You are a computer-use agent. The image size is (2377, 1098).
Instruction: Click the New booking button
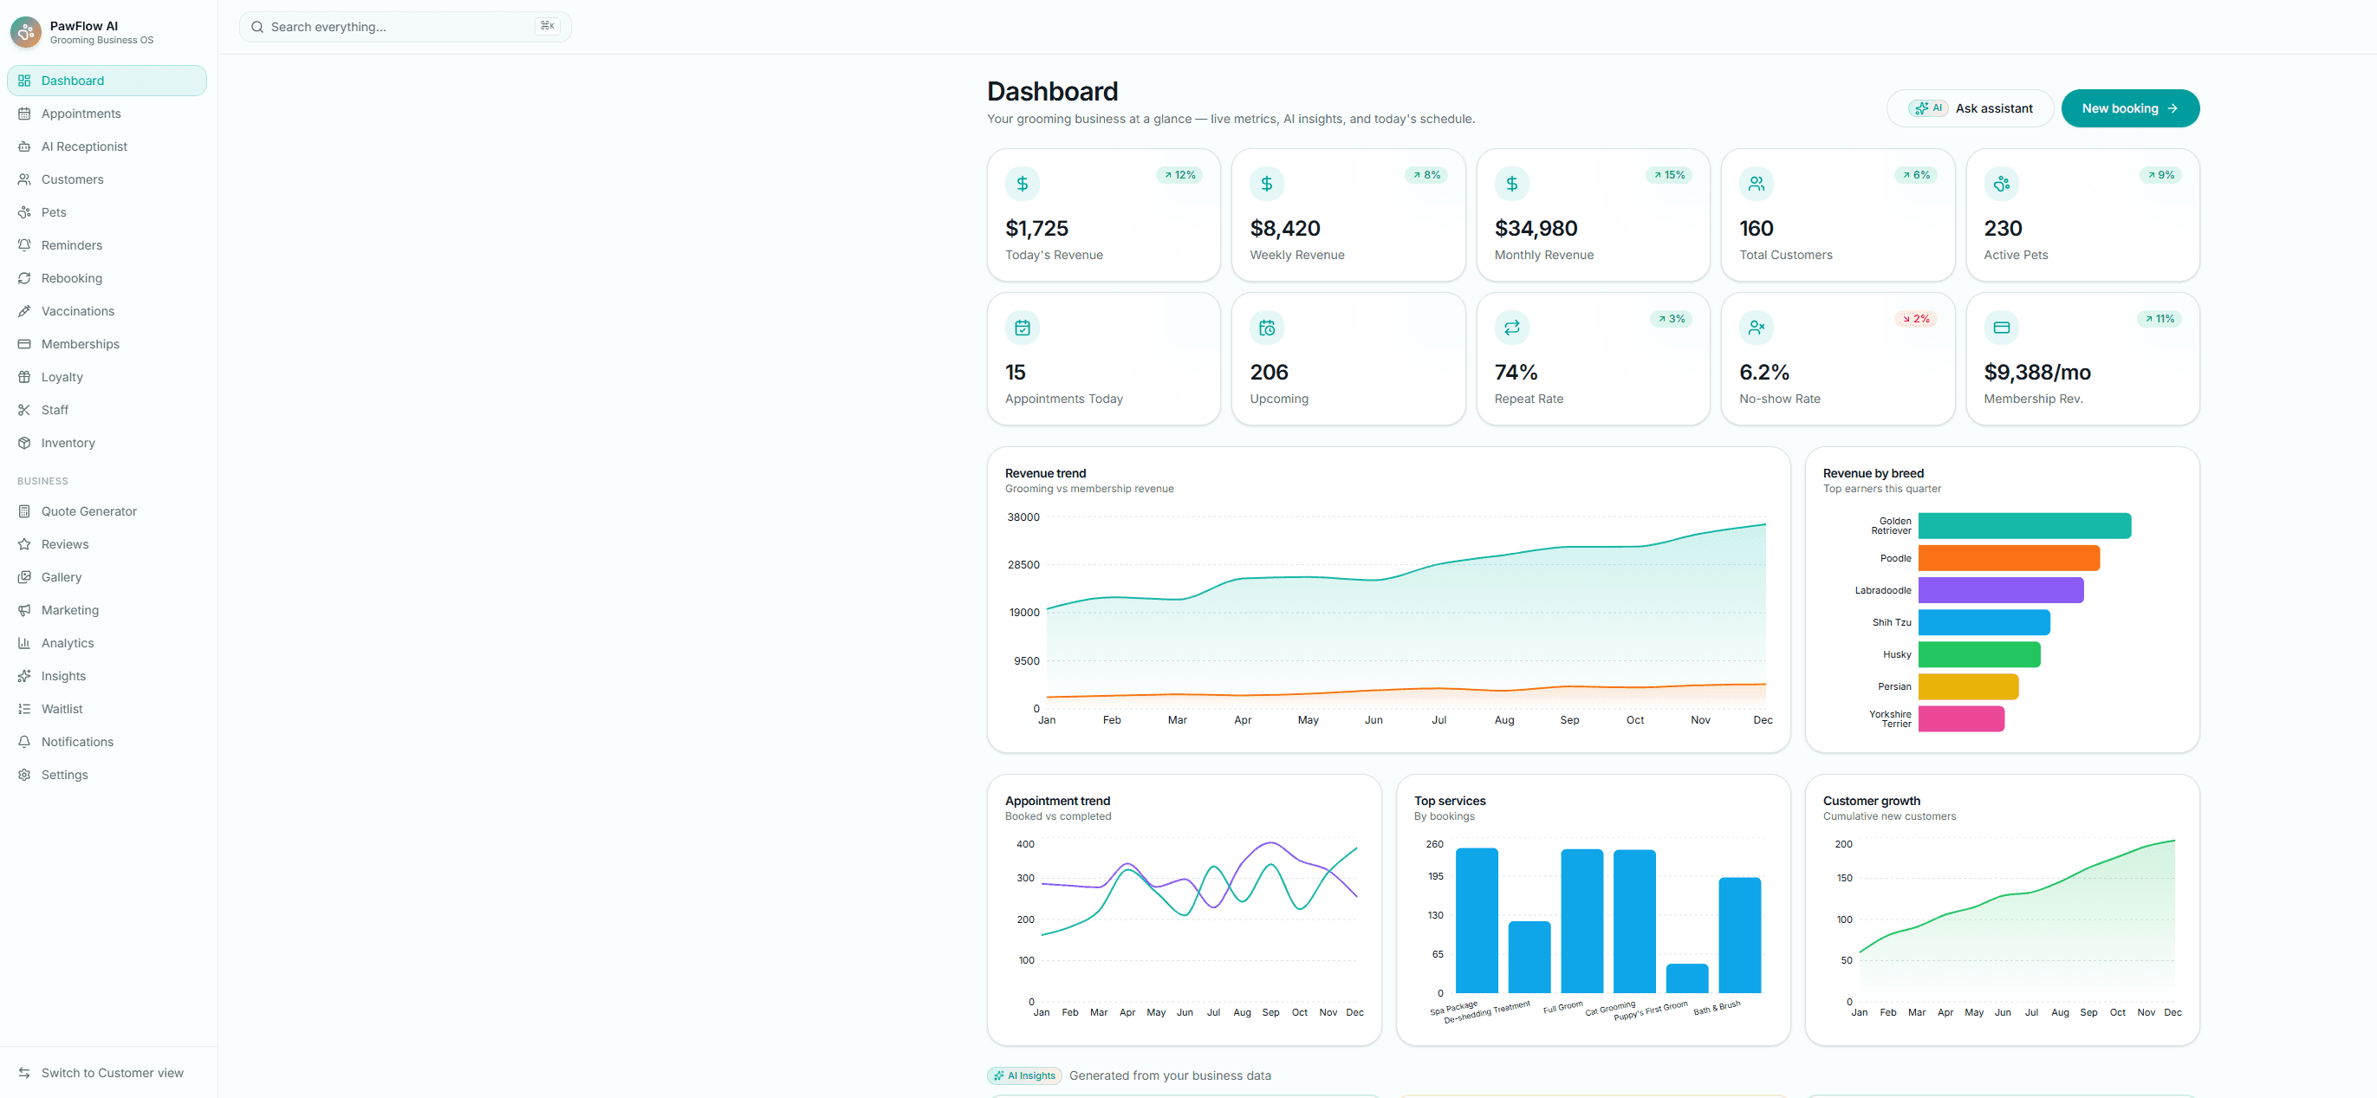(2130, 109)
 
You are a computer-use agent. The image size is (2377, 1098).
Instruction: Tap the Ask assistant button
(1970, 109)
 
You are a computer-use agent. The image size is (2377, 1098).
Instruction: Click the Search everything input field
(405, 27)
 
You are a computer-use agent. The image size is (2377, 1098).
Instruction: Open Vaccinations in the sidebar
(77, 311)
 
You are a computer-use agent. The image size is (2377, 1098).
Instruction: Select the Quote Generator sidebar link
(88, 511)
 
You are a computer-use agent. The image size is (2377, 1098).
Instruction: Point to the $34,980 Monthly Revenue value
(1536, 228)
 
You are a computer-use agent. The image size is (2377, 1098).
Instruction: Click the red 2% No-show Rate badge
(1916, 319)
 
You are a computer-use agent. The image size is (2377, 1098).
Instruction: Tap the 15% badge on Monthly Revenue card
(1669, 175)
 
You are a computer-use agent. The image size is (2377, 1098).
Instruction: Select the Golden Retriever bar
(2024, 526)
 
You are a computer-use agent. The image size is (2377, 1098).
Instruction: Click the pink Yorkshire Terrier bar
(1961, 718)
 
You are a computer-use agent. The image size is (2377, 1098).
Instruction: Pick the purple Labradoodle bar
(2001, 590)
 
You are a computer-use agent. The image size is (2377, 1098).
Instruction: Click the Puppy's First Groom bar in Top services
(1687, 978)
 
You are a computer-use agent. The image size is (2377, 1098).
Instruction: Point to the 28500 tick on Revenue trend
(1023, 565)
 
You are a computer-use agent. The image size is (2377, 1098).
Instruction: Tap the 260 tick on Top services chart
(1435, 844)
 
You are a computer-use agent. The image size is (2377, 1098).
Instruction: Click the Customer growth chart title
(1871, 801)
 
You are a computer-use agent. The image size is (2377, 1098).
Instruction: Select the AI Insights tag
(1024, 1075)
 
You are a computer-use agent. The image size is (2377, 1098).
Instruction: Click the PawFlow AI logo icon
(26, 32)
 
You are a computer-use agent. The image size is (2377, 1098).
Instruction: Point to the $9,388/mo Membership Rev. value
(2037, 372)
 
